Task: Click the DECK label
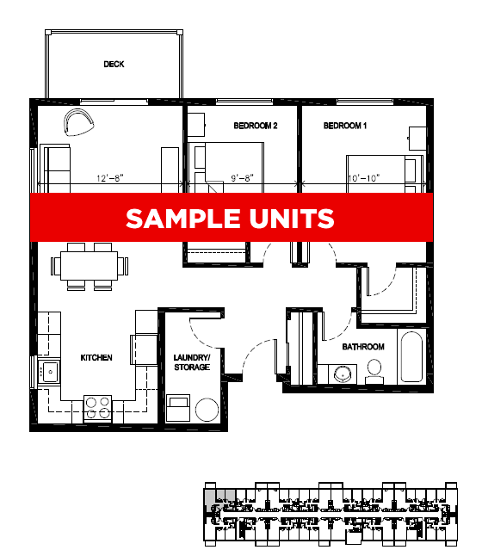pos(114,64)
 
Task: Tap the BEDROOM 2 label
pos(255,126)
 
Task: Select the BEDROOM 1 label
pos(345,126)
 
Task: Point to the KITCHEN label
pos(96,357)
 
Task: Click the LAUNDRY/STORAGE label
pos(192,361)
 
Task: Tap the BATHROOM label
pos(362,347)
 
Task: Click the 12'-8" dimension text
pos(109,178)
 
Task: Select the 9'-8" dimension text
pos(242,178)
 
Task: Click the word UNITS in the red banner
pos(290,219)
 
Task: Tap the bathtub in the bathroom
pos(413,356)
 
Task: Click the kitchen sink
pos(49,374)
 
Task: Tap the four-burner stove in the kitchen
pos(97,406)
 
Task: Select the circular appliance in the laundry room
pos(207,409)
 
